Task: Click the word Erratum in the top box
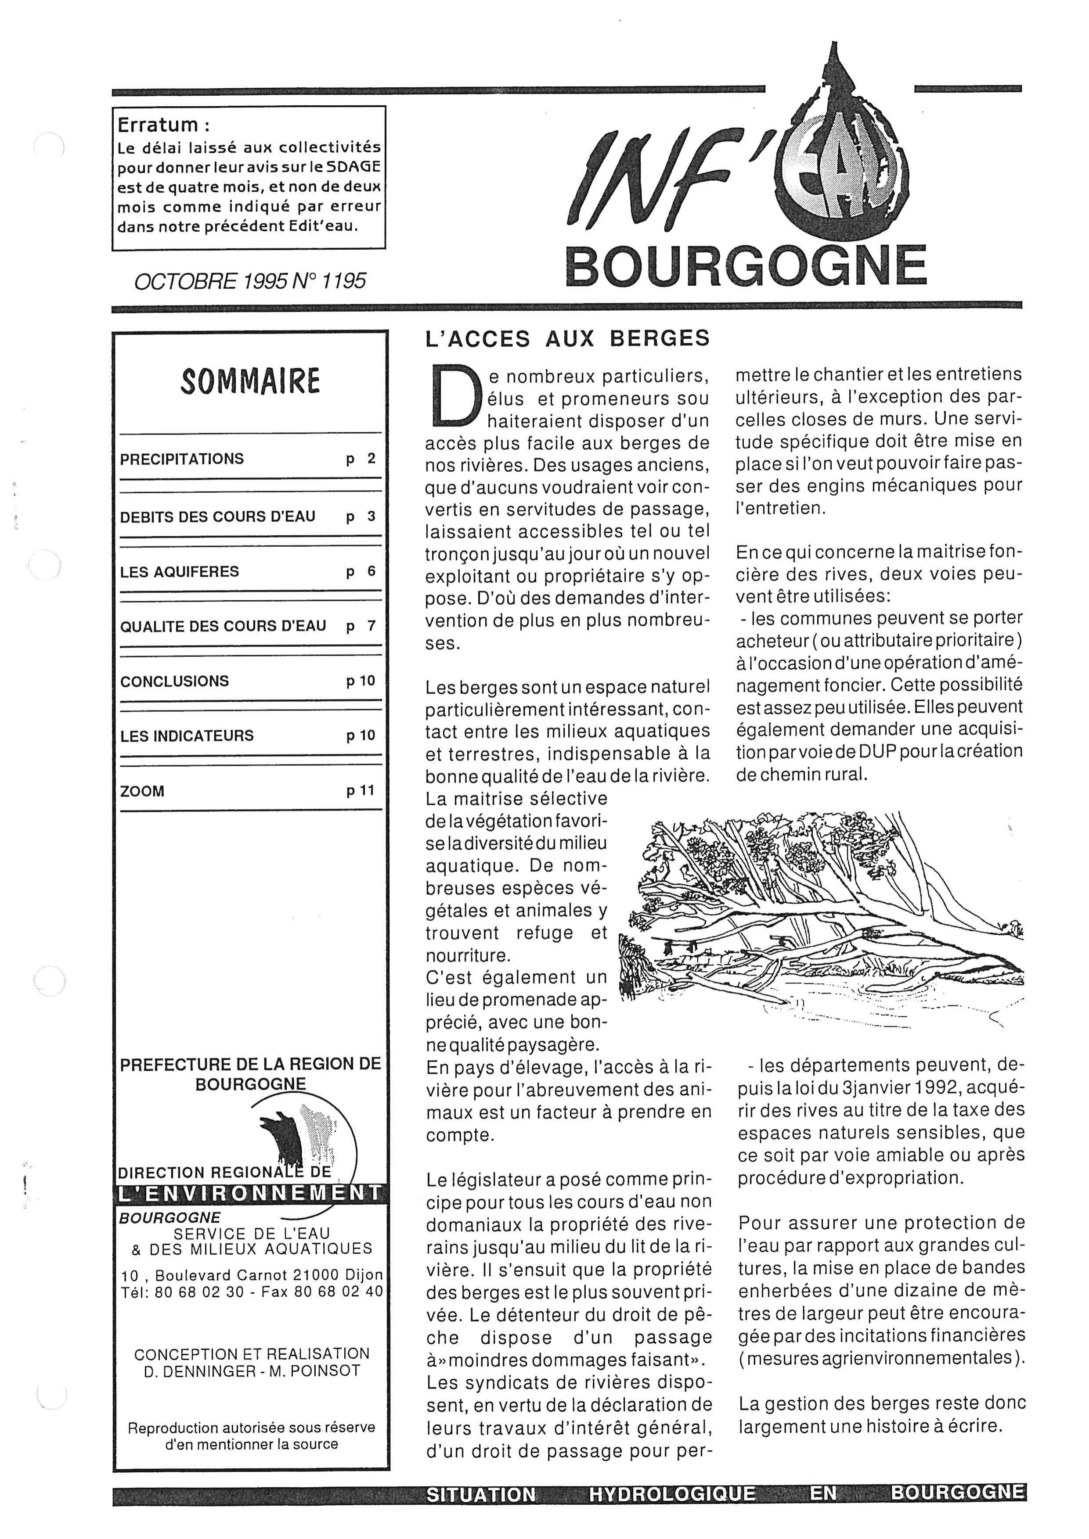coord(158,125)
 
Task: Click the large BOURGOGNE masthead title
coord(746,266)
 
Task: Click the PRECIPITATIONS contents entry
coord(182,459)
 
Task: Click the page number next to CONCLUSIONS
coord(361,681)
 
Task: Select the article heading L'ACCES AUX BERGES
coord(567,338)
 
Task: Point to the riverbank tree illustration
coord(822,911)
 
